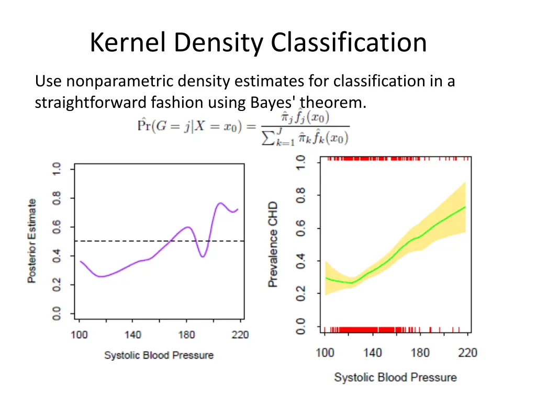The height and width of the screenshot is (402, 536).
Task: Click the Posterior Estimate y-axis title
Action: click(x=32, y=241)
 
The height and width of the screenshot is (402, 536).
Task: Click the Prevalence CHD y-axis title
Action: click(x=273, y=244)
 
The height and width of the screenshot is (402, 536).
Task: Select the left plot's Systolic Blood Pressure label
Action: click(x=159, y=355)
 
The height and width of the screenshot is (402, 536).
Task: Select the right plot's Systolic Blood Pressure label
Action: click(x=395, y=377)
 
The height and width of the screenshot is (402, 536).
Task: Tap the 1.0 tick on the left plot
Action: click(x=56, y=170)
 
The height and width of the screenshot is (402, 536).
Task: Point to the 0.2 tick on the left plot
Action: click(x=56, y=285)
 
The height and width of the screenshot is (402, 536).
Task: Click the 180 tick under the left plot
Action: click(x=187, y=335)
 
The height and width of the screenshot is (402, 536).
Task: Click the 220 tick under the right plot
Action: click(x=467, y=353)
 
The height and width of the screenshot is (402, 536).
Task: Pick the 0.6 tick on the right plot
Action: click(x=300, y=228)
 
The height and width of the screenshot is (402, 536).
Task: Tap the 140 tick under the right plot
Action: click(x=372, y=353)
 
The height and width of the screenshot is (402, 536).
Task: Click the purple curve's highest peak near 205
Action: click(x=220, y=203)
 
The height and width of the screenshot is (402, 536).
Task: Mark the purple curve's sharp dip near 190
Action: click(x=203, y=256)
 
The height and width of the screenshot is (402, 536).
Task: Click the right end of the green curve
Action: click(x=465, y=207)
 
